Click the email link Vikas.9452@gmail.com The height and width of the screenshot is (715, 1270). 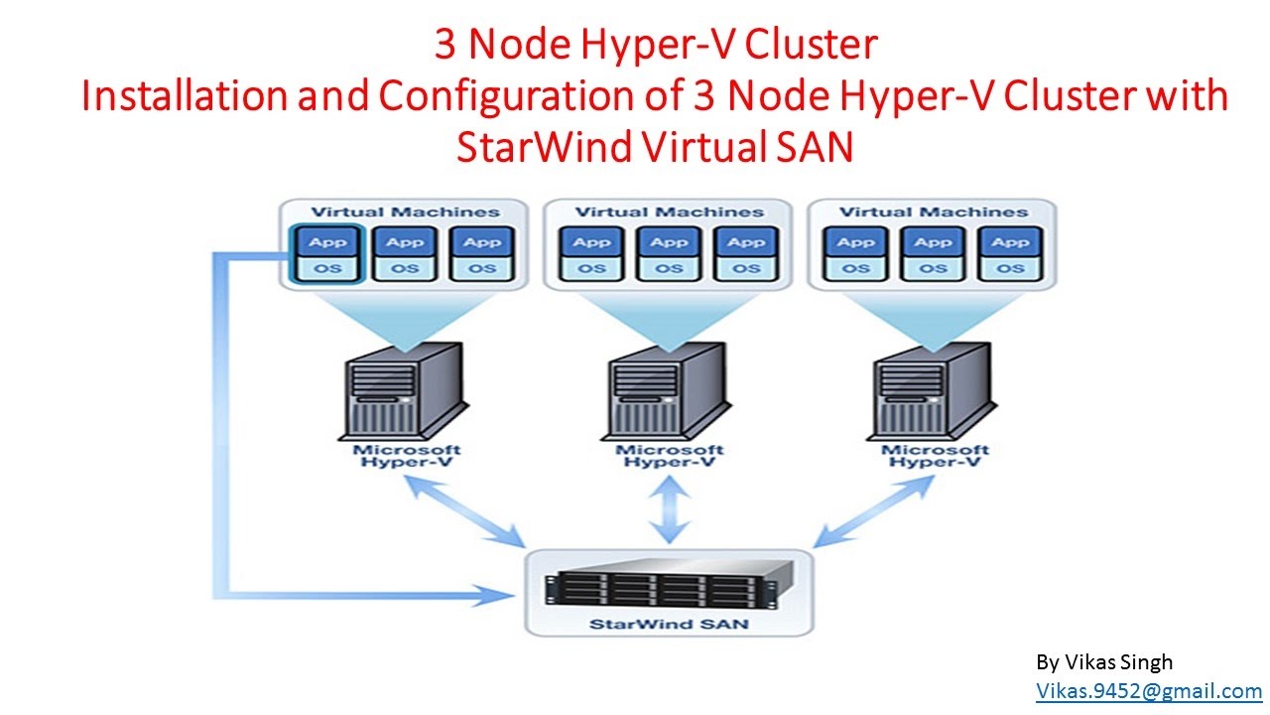point(1149,691)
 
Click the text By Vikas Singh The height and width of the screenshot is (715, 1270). point(1104,662)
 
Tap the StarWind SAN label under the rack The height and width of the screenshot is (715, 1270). point(670,625)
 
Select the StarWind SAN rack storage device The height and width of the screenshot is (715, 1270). point(670,586)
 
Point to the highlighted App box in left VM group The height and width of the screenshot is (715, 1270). point(327,241)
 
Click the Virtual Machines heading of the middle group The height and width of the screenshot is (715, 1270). point(670,212)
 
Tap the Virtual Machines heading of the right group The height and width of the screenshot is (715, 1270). point(934,212)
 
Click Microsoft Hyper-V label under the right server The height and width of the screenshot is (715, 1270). point(934,457)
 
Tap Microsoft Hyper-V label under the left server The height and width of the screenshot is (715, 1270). point(407,457)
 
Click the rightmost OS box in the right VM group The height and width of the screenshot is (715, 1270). point(1010,268)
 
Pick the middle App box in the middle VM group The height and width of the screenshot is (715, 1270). point(670,241)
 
